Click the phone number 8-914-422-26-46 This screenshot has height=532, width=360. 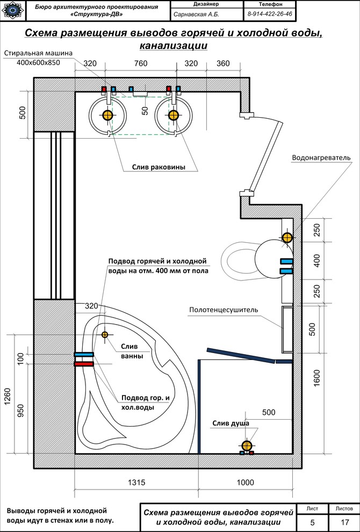click(x=271, y=14)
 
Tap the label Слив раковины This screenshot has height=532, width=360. click(x=159, y=167)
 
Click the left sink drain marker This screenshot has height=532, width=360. click(x=107, y=115)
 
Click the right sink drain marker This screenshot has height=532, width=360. click(x=173, y=115)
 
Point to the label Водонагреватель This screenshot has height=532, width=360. click(x=321, y=158)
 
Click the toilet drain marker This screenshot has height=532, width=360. click(x=287, y=237)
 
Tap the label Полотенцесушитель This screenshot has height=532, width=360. click(x=224, y=310)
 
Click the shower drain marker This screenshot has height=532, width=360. click(x=247, y=445)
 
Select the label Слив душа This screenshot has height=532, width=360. click(x=231, y=423)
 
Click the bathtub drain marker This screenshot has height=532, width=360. click(x=104, y=334)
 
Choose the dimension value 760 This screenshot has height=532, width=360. click(x=140, y=64)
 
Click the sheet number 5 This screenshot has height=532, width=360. click(x=313, y=521)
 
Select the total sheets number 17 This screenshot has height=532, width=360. click(x=344, y=521)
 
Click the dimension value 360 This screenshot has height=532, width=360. click(x=222, y=64)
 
